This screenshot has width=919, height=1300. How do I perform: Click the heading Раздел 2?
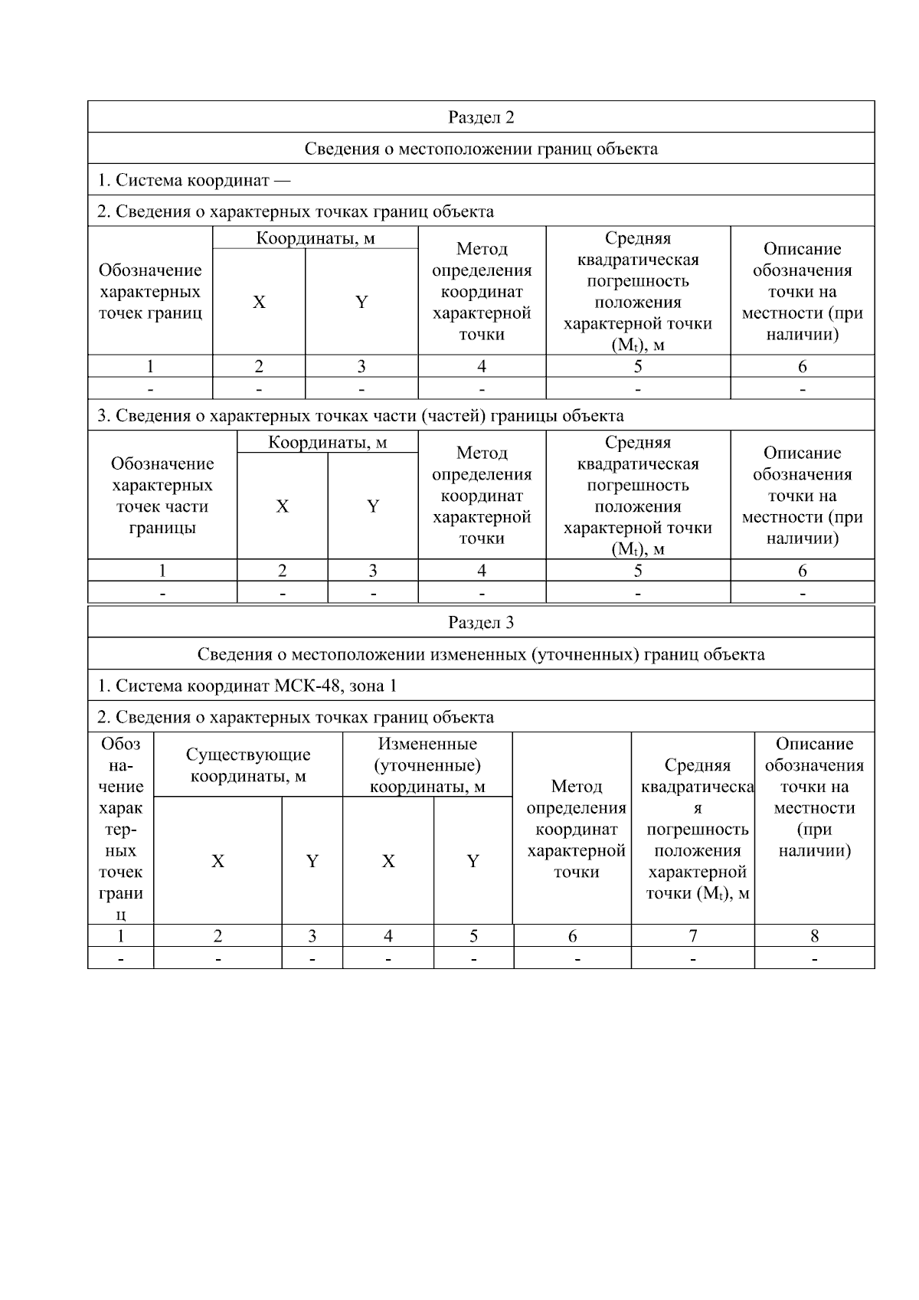pos(481,117)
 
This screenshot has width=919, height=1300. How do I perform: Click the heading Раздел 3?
pos(481,622)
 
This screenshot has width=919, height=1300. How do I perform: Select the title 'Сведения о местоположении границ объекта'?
pos(481,149)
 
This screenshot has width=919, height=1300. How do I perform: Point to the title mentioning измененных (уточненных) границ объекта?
pos(481,654)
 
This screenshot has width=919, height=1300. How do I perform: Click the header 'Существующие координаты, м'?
pos(248,765)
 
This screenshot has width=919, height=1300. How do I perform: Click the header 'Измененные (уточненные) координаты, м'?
pos(427,765)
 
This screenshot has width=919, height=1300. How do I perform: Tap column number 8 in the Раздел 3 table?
pos(814,935)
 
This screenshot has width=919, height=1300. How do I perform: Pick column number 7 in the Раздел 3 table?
pos(693,935)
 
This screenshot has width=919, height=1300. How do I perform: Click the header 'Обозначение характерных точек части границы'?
pos(162,496)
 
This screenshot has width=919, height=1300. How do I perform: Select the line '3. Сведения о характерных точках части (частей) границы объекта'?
pos(361,416)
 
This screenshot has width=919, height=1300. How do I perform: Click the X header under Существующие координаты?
pos(218,861)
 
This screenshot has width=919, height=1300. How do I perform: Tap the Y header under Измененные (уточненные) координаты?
pos(473,861)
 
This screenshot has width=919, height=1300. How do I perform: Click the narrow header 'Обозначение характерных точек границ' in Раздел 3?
pos(120,829)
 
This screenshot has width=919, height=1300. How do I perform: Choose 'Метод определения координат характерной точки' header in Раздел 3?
pos(576,829)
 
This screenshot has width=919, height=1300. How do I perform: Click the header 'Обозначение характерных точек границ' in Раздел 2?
pos(150,291)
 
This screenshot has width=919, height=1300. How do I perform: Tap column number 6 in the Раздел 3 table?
pos(572,935)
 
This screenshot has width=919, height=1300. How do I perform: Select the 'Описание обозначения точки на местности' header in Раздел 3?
pos(814,797)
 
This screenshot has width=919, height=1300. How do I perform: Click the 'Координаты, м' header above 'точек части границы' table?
pos(328,442)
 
